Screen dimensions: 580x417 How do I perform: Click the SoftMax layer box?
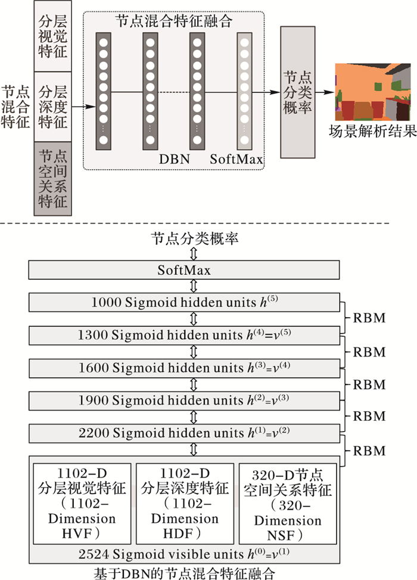[184, 271]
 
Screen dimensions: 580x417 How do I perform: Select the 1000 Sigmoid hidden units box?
[184, 303]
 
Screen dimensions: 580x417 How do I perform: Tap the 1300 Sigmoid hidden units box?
[184, 336]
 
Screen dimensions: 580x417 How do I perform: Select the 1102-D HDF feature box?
[184, 503]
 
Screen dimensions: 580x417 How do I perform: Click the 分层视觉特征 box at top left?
[52, 36]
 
